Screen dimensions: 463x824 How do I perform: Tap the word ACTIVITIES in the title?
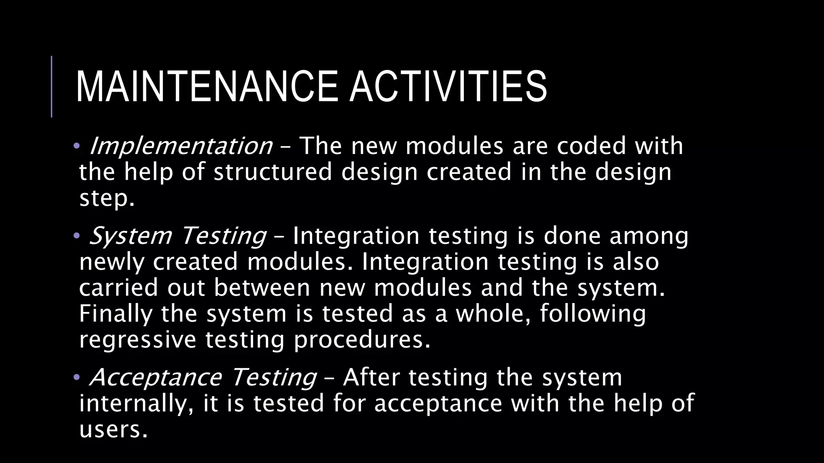click(x=448, y=87)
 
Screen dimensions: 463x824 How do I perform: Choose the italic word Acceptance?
click(x=155, y=378)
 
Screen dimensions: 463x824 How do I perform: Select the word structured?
click(x=273, y=172)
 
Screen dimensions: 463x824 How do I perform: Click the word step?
click(x=106, y=199)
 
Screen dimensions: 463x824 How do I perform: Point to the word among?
click(x=649, y=236)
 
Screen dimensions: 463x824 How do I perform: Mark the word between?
click(x=262, y=288)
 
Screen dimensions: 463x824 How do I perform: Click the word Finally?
click(x=116, y=314)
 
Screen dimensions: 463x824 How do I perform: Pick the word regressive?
click(x=138, y=340)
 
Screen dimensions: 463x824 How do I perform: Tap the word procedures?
click(x=362, y=340)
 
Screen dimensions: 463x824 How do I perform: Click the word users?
click(x=113, y=429)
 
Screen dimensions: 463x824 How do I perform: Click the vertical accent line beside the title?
click(x=51, y=86)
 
